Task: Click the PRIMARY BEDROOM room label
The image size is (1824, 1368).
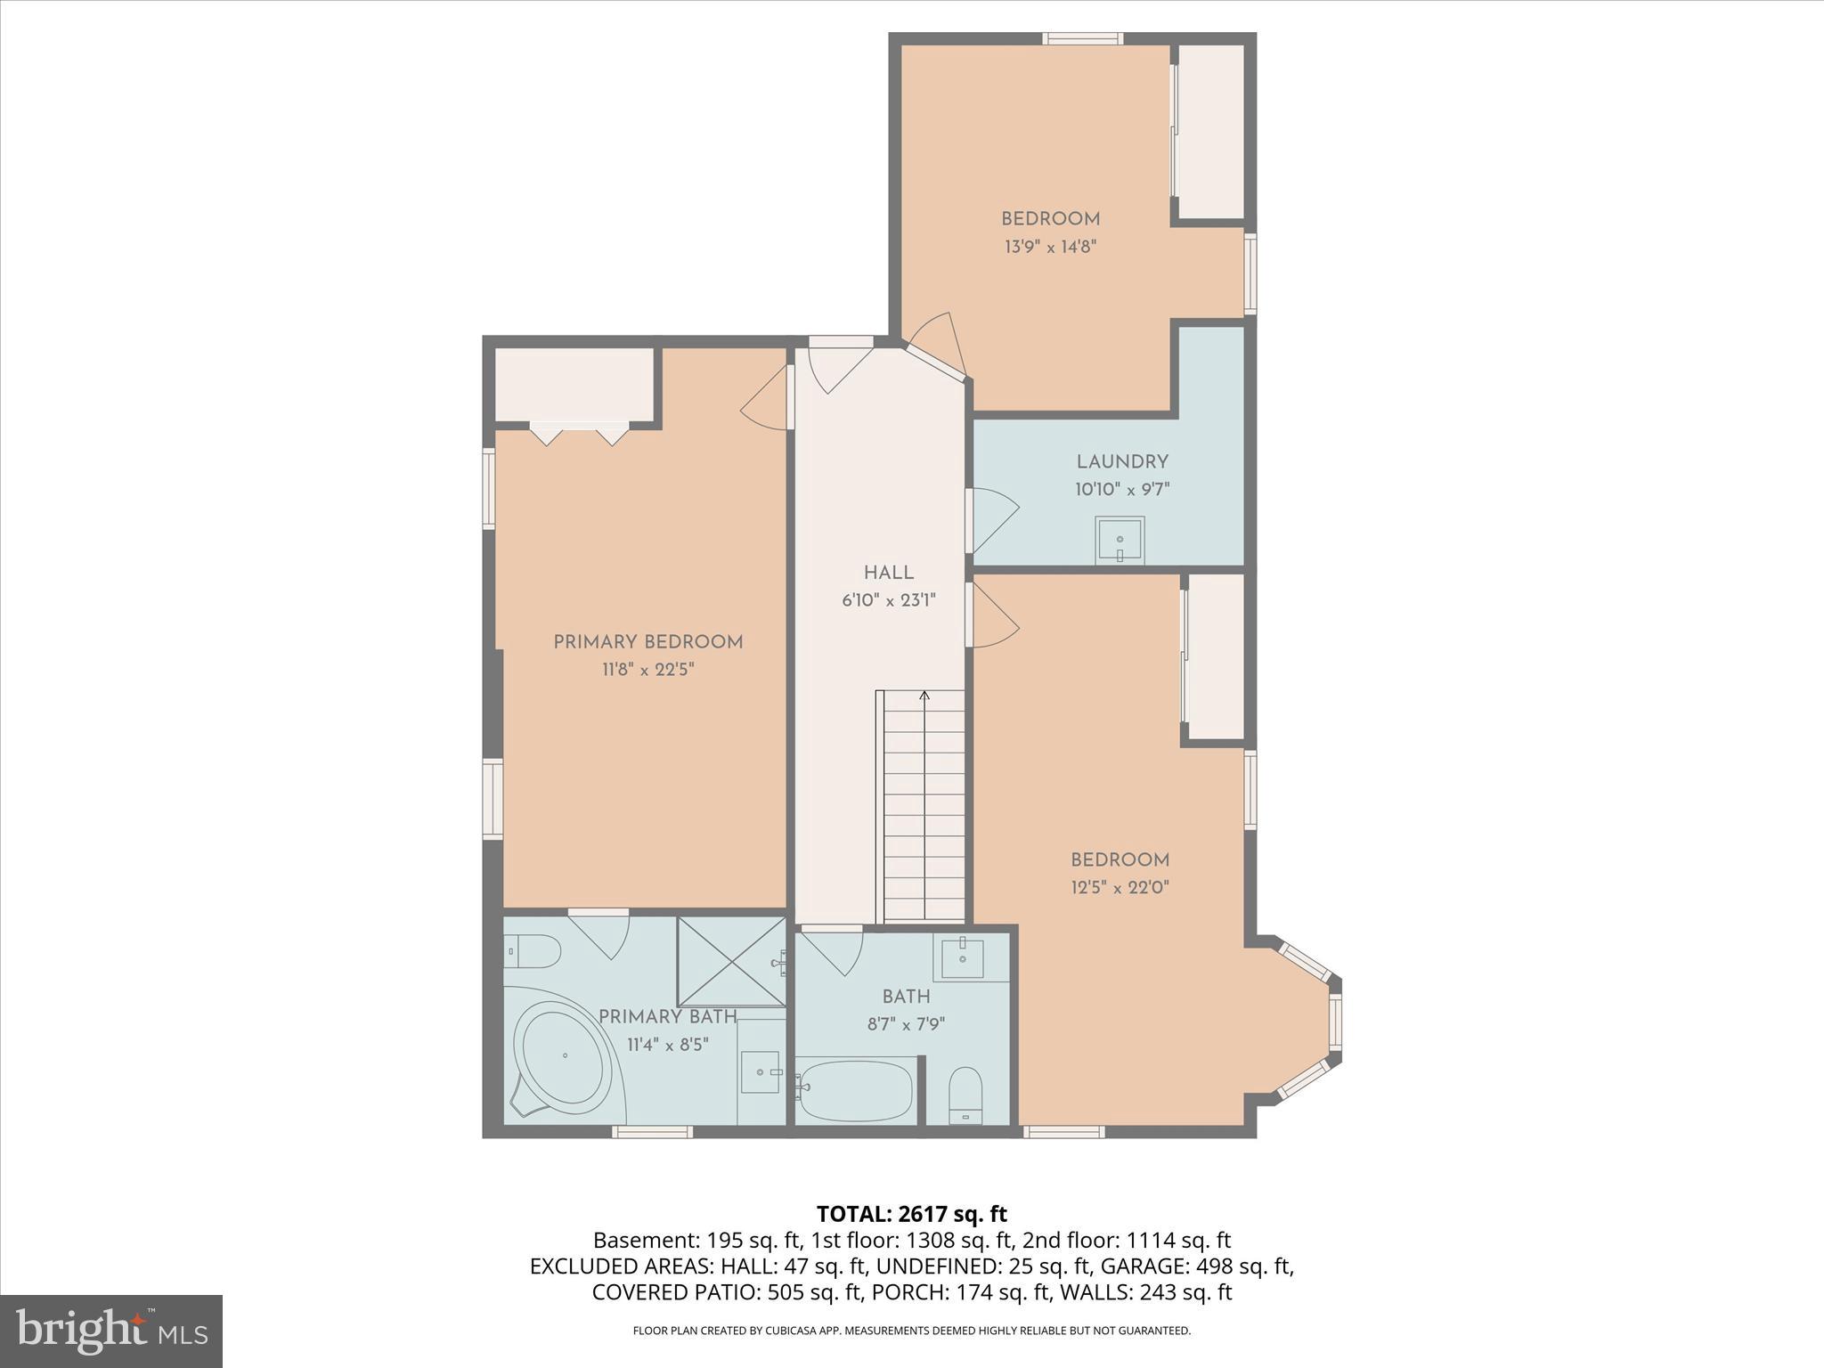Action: pyautogui.click(x=647, y=642)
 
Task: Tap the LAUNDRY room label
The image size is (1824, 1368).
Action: pyautogui.click(x=1121, y=462)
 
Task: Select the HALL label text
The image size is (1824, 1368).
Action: pyautogui.click(x=888, y=573)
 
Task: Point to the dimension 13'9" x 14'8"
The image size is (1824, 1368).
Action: pyautogui.click(x=1050, y=247)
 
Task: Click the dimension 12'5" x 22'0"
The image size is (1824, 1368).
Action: pyautogui.click(x=1120, y=887)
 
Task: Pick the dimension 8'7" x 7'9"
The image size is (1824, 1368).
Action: pyautogui.click(x=906, y=1024)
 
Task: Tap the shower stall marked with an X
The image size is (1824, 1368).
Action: pyautogui.click(x=731, y=962)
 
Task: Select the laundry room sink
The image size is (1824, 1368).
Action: pyautogui.click(x=1120, y=540)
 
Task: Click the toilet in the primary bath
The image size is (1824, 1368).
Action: pyautogui.click(x=533, y=952)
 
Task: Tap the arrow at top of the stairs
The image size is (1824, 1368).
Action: pyautogui.click(x=924, y=695)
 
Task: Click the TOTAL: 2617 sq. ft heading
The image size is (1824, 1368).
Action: pyautogui.click(x=911, y=1214)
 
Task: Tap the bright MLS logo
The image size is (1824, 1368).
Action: pyautogui.click(x=111, y=1331)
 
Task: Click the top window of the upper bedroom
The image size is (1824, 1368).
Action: pyautogui.click(x=1083, y=38)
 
